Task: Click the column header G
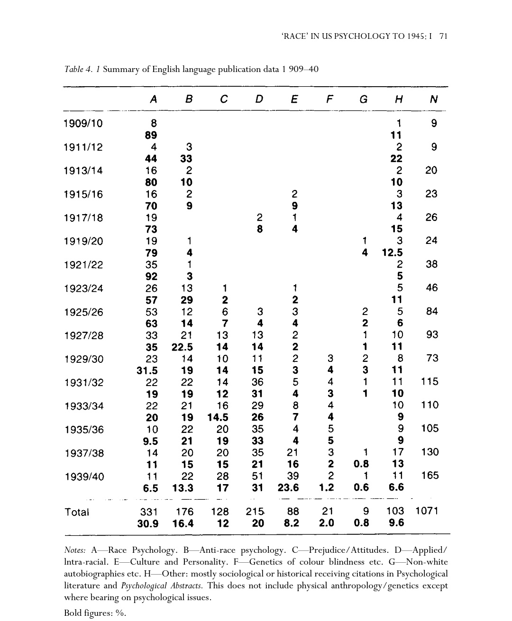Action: pos(364,99)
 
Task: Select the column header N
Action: pos(433,99)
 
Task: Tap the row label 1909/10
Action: pos(83,124)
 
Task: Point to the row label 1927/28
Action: pos(83,335)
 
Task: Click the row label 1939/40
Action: pos(83,477)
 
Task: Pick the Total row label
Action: pos(76,512)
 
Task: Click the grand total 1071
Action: pos(427,511)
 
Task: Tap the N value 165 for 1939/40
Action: pos(430,475)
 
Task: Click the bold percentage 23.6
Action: pos(288,487)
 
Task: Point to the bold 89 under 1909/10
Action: pos(151,135)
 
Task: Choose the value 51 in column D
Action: pos(257,476)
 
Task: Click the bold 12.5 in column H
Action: pos(392,252)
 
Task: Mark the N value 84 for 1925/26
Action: pos(431,311)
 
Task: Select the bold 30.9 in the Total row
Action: pos(147,523)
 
